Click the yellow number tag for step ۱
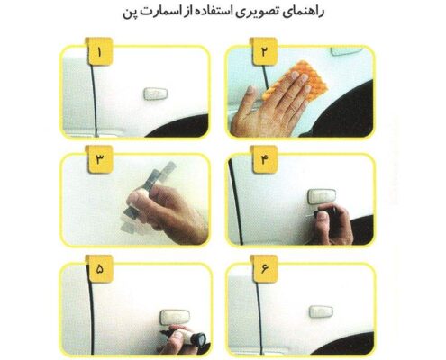coord(99,51)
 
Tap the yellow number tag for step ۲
coord(264,51)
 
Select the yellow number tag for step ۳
coord(100,159)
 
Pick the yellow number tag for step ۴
coord(265,159)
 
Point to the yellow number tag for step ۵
coord(100,268)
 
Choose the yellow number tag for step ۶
coord(265,268)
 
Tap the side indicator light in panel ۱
coord(155,94)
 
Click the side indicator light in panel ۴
coord(322,196)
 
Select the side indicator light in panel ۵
coord(175,317)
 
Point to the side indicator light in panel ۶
coord(321,311)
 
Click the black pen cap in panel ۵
coord(200,338)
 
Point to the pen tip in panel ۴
coord(307,215)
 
